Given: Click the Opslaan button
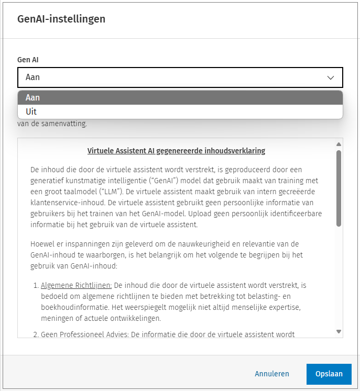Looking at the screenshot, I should click(329, 374).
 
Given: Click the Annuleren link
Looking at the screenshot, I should click(272, 374).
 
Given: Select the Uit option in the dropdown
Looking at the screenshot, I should click(31, 111).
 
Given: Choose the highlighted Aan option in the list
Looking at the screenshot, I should click(33, 97).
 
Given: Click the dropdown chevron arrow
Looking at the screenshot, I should click(331, 77).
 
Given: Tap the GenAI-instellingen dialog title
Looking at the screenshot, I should click(61, 19).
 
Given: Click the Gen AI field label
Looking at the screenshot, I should click(28, 60).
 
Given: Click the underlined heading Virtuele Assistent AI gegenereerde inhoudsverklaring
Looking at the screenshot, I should click(176, 151).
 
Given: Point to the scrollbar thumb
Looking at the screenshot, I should click(339, 188).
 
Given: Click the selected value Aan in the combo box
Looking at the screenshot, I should click(33, 77).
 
